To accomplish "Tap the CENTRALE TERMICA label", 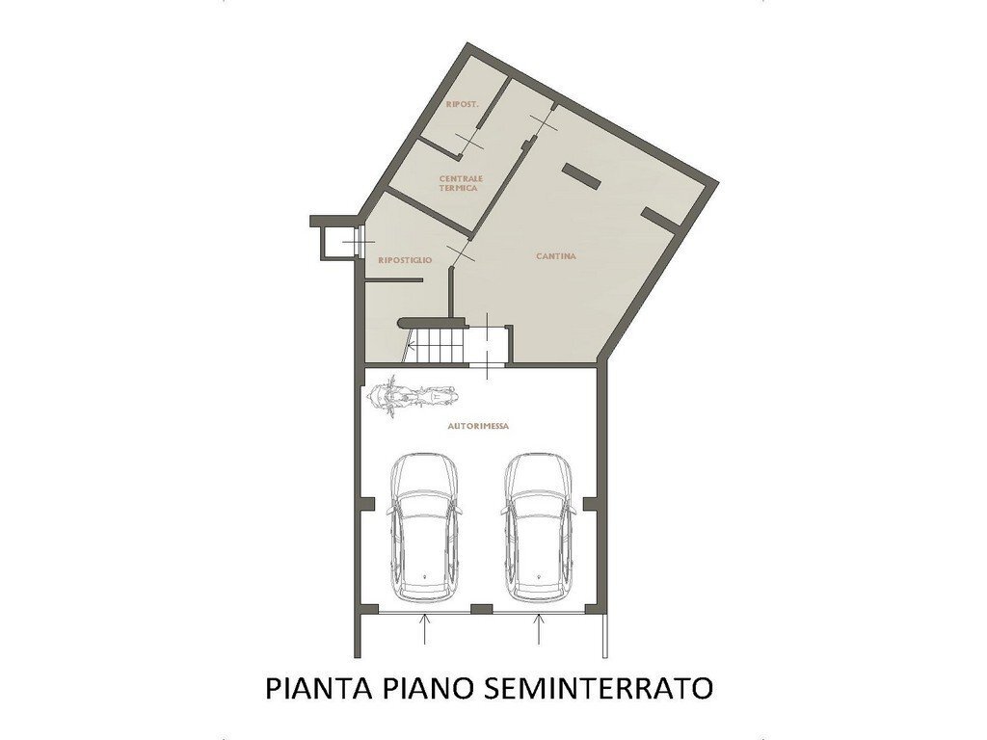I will pos(460,183).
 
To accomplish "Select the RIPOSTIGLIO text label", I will pos(405,261).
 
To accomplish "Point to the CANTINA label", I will pos(556,256).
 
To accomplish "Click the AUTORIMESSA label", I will pos(479,425).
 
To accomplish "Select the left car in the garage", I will pos(424,526).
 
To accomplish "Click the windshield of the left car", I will pos(424,506).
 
